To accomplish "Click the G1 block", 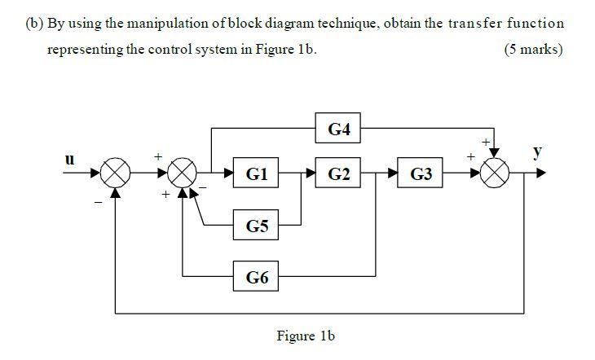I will click(x=256, y=173).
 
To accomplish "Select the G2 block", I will click(x=338, y=173).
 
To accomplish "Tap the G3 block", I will click(x=421, y=173).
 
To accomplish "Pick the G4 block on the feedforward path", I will click(x=338, y=128).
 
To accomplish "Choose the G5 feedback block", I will click(x=256, y=226).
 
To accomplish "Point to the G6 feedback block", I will click(x=256, y=277).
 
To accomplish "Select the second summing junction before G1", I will click(x=183, y=173).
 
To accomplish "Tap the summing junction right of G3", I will click(x=496, y=173).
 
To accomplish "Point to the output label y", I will click(x=536, y=151).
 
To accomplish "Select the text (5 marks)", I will click(x=533, y=49).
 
